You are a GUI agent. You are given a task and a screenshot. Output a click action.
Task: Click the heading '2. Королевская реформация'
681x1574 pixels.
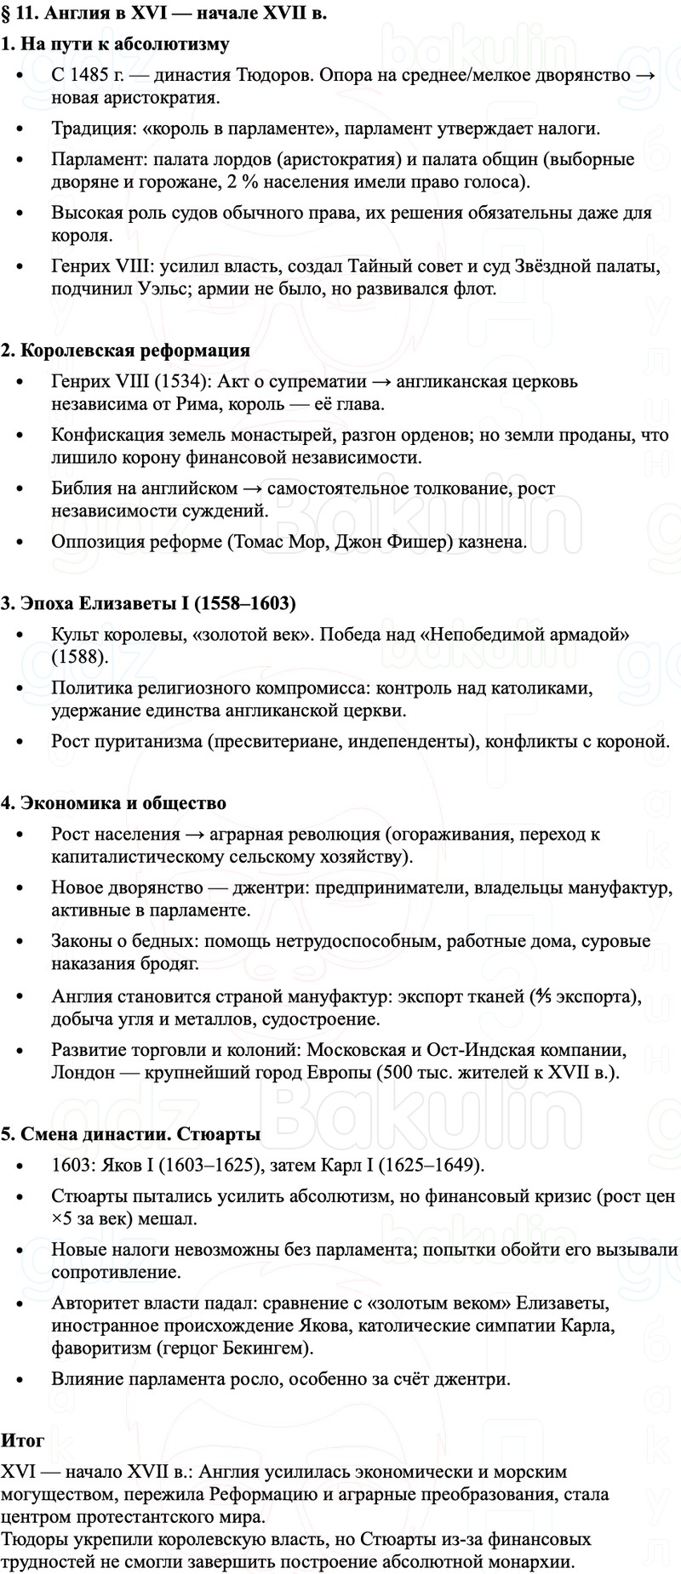(x=125, y=351)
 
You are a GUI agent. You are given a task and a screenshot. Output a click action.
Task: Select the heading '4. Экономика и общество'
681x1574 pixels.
(x=113, y=803)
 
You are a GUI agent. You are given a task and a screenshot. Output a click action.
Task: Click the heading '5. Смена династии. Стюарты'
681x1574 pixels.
(x=130, y=1134)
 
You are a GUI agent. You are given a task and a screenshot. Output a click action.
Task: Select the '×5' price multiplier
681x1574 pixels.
(x=62, y=1218)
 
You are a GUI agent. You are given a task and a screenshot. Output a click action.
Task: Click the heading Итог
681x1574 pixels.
(x=22, y=1417)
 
